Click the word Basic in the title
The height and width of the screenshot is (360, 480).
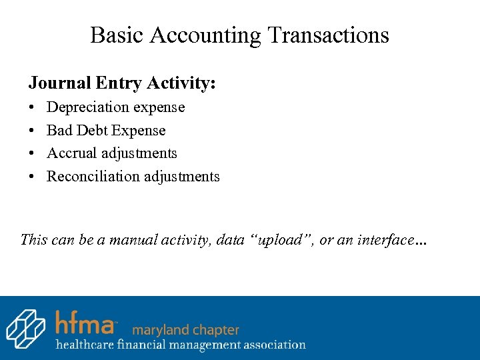pyautogui.click(x=116, y=35)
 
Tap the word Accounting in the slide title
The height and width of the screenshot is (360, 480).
pyautogui.click(x=205, y=35)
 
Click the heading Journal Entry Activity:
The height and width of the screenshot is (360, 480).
pyautogui.click(x=122, y=83)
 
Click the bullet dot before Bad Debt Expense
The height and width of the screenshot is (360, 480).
pyautogui.click(x=32, y=131)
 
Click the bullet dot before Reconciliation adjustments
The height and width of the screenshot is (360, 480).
pyautogui.click(x=32, y=177)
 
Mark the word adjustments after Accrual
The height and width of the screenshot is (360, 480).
pyautogui.click(x=139, y=153)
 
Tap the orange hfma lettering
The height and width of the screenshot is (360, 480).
pyautogui.click(x=85, y=323)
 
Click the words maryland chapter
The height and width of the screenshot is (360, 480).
pyautogui.click(x=185, y=330)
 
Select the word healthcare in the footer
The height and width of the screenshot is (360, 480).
pyautogui.click(x=85, y=345)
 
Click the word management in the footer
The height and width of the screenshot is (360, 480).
pyautogui.click(x=199, y=345)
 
